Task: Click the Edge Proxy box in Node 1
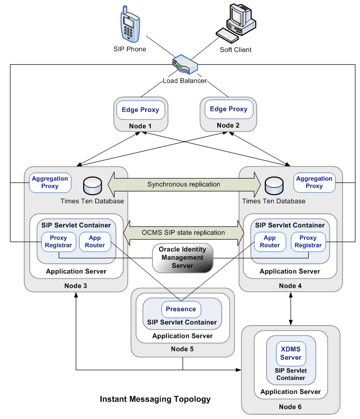coord(141,110)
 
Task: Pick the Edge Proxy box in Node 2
coord(229,109)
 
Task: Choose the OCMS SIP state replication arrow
coord(183,233)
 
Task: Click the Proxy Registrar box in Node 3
coord(58,242)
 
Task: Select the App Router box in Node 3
coord(95,242)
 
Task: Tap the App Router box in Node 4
coord(270,242)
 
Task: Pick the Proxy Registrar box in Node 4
coord(308,242)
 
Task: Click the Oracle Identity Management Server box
coord(183,258)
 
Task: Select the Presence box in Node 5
coord(181,309)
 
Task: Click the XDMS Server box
coord(291,353)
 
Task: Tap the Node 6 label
coord(291,407)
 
